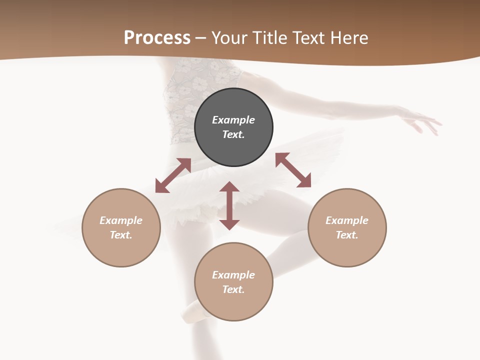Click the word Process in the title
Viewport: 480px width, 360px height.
(x=157, y=37)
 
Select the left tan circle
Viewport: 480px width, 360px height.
(x=121, y=250)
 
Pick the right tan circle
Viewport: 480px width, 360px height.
(x=347, y=250)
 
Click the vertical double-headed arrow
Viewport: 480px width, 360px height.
(x=229, y=205)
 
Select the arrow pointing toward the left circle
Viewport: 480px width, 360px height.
(x=173, y=175)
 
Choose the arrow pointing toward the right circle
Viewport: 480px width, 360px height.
(x=293, y=170)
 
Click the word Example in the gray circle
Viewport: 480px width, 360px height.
(x=233, y=120)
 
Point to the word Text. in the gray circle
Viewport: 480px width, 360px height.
(x=233, y=134)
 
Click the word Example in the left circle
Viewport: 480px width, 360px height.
(x=121, y=220)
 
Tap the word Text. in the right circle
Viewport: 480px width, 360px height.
(x=347, y=235)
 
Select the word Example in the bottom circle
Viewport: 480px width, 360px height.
(x=233, y=275)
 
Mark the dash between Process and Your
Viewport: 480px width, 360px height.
(x=201, y=38)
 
